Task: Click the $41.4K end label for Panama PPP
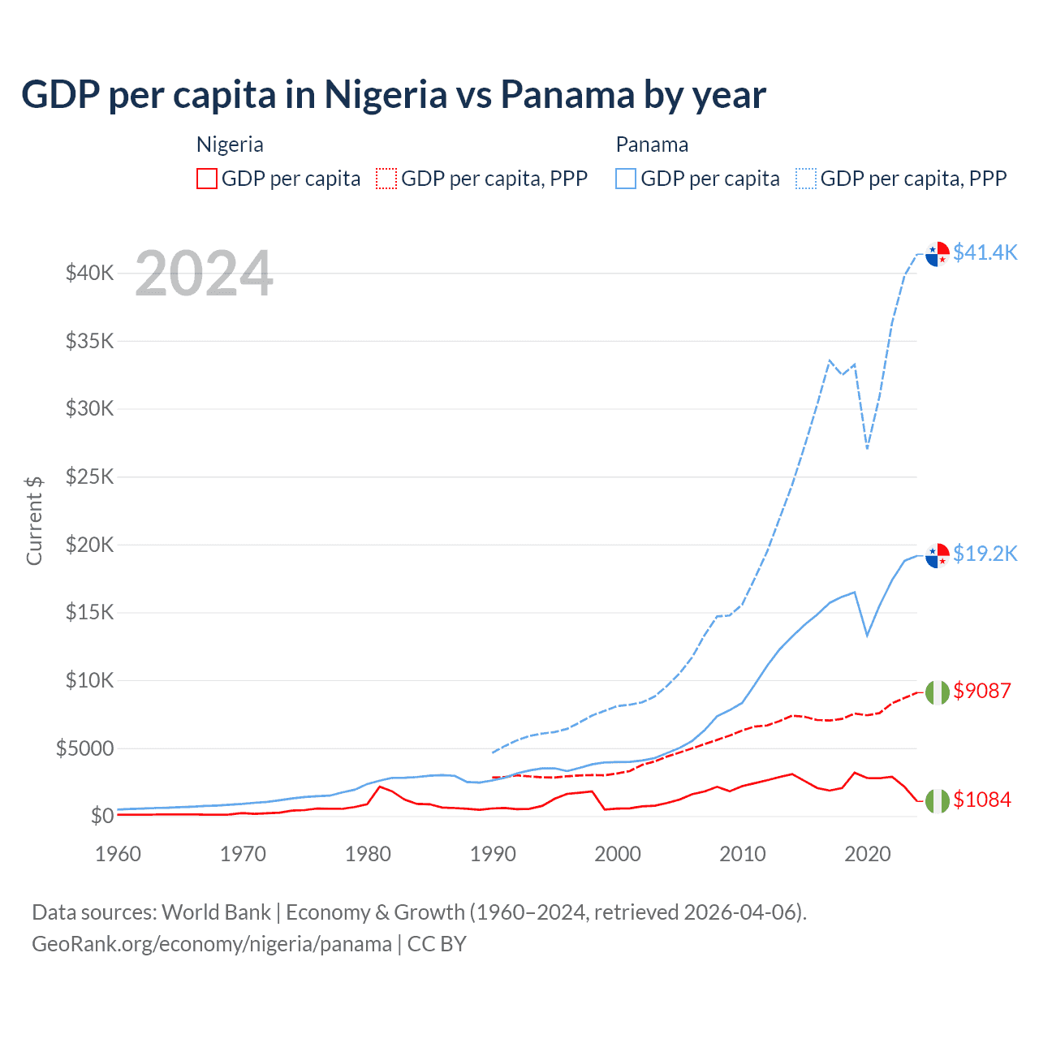coord(985,252)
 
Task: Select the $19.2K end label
coord(985,554)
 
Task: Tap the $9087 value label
coord(982,691)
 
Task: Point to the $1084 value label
coord(982,800)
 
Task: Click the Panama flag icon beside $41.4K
coord(938,254)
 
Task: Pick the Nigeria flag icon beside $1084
coord(938,800)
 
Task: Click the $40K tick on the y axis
coord(89,273)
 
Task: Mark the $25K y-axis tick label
coord(89,476)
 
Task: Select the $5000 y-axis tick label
coord(84,748)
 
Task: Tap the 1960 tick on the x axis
coord(118,854)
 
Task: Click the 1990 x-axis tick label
coord(493,854)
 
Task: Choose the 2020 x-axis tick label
coord(868,854)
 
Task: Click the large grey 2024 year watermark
coord(204,274)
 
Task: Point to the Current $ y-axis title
coord(34,520)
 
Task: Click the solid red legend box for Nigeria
coord(207,179)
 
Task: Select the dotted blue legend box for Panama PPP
coord(806,179)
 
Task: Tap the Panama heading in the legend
coord(652,144)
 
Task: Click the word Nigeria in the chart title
coord(386,94)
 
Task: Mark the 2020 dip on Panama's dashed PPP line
coord(868,448)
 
